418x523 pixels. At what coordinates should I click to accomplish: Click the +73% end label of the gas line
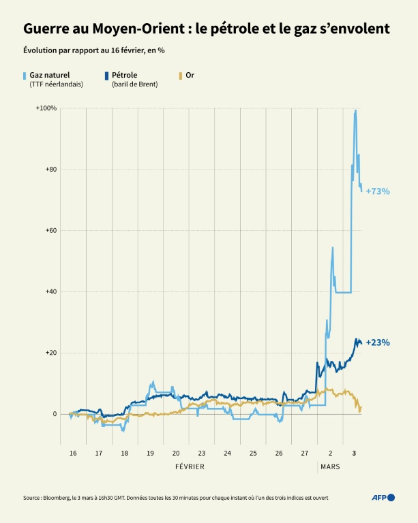pyautogui.click(x=378, y=191)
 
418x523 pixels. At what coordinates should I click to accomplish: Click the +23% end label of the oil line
pyautogui.click(x=378, y=343)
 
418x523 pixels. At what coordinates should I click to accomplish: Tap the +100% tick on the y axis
pyautogui.click(x=46, y=109)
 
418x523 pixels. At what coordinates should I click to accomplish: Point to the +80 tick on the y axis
pyautogui.click(x=49, y=170)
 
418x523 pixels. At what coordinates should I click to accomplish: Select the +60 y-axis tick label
pyautogui.click(x=49, y=231)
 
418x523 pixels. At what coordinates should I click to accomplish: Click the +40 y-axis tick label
pyautogui.click(x=49, y=291)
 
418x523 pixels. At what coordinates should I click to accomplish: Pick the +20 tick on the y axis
pyautogui.click(x=49, y=353)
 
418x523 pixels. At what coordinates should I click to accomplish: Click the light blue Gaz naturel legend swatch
pyautogui.click(x=25, y=76)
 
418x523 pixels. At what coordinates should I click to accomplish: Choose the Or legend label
pyautogui.click(x=190, y=75)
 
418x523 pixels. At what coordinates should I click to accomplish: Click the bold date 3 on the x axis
pyautogui.click(x=353, y=453)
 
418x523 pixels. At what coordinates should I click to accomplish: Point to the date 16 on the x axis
pyautogui.click(x=72, y=453)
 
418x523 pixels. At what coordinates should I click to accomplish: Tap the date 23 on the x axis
pyautogui.click(x=202, y=453)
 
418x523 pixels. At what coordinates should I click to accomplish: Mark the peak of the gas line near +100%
pyautogui.click(x=355, y=111)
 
